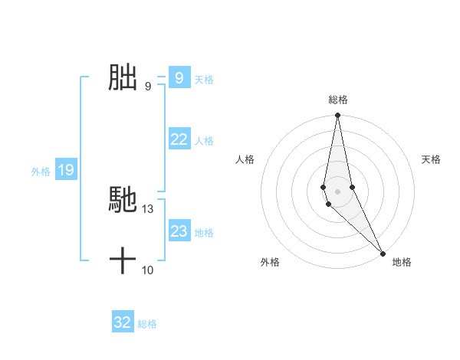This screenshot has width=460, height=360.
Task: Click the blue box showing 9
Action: (x=179, y=77)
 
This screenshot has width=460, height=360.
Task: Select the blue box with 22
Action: (x=179, y=139)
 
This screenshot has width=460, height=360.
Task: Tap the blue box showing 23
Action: (x=179, y=231)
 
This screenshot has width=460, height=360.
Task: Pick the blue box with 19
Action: (x=65, y=170)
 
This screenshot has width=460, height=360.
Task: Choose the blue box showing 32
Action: (x=123, y=322)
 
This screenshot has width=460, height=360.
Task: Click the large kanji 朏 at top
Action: (x=123, y=78)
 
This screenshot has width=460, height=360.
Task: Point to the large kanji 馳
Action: (x=123, y=200)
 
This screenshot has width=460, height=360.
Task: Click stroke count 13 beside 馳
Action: (x=148, y=208)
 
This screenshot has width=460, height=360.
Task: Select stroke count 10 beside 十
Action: (x=148, y=270)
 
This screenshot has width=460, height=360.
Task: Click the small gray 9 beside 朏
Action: (x=148, y=87)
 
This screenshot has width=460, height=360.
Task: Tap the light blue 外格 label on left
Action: (x=41, y=172)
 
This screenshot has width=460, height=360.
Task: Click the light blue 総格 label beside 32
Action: (x=147, y=324)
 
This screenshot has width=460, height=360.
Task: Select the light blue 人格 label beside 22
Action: (x=204, y=141)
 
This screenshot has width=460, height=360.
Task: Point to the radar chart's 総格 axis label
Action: (x=337, y=100)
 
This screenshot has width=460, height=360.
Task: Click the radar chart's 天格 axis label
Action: (x=431, y=159)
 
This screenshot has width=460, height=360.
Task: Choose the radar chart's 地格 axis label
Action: (x=402, y=262)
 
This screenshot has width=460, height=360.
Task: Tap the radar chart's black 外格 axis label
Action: (x=270, y=262)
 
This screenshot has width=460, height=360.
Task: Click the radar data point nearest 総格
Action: (x=337, y=116)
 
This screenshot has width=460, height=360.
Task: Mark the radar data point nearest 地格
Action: (x=383, y=252)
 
